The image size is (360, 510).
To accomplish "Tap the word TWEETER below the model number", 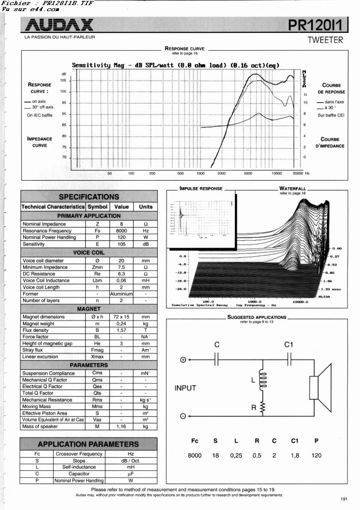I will tap(325, 40).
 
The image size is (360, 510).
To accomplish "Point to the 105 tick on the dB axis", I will tap(63, 80).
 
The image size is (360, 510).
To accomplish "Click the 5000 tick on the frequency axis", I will tap(248, 173).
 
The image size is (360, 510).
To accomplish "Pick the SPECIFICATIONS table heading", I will tap(89, 197).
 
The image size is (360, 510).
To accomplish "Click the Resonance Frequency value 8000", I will tap(121, 231).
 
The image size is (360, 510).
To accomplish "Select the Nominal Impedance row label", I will tap(44, 224).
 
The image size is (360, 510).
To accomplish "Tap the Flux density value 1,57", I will tap(121, 330).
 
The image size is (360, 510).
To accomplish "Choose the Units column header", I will tap(146, 207).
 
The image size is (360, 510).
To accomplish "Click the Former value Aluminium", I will tap(121, 294).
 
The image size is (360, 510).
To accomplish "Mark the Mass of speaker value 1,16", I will tap(121, 426).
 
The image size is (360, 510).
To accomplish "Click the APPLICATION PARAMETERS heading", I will tap(88, 444).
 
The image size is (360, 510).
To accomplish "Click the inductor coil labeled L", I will tap(264, 380).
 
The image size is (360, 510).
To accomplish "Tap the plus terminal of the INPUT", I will tap(183, 360).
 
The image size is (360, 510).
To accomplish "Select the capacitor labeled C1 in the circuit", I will tap(289, 359).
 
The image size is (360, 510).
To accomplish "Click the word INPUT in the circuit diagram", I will tap(185, 388).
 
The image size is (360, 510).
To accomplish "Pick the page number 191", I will tap(344, 498).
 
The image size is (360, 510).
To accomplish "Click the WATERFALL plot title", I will tap(292, 188).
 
